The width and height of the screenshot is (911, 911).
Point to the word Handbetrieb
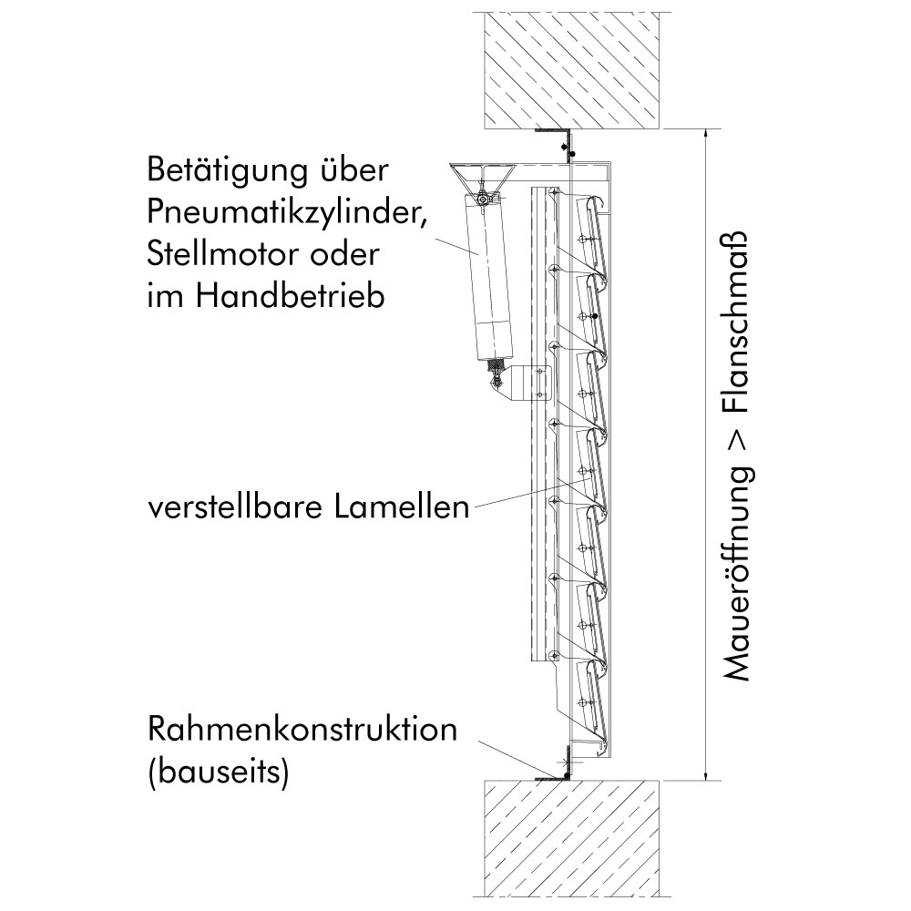click(x=290, y=295)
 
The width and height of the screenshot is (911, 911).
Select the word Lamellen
click(x=402, y=507)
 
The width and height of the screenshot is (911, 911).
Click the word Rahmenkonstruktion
click(x=302, y=729)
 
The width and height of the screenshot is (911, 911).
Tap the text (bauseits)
click(x=218, y=773)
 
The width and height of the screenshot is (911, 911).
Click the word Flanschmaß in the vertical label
click(x=737, y=322)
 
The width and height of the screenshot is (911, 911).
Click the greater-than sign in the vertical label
click(x=737, y=440)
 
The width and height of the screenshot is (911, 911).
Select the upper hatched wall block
click(x=572, y=70)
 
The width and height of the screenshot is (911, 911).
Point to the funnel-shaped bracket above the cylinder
click(x=482, y=174)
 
